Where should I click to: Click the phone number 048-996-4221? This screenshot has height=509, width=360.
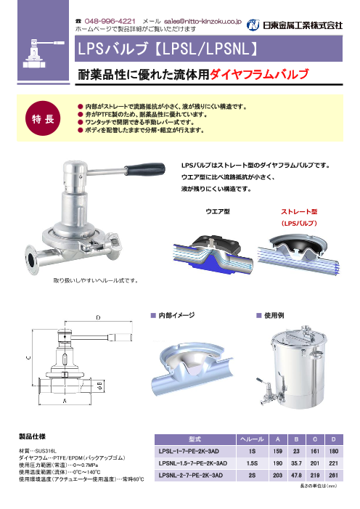pyautogui.click(x=110, y=22)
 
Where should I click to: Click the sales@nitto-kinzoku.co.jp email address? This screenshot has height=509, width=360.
pyautogui.click(x=203, y=22)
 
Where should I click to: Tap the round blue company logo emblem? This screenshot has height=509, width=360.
pyautogui.click(x=253, y=25)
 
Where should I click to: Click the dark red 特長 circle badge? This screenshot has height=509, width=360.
pyautogui.click(x=43, y=119)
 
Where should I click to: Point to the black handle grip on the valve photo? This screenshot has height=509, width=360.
pyautogui.click(x=145, y=168)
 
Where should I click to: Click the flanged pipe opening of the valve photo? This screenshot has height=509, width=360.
pyautogui.click(x=31, y=260)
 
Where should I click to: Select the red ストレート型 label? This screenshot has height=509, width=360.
pyautogui.click(x=298, y=211)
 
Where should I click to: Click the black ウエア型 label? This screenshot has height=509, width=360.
pyautogui.click(x=218, y=211)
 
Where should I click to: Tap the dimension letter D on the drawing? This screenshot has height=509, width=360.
pyautogui.click(x=99, y=317)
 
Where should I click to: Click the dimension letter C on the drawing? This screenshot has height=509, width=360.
pyautogui.click(x=28, y=358)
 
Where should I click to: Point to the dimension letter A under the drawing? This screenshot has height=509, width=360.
pyautogui.click(x=65, y=401)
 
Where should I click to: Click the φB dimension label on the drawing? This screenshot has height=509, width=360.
pyautogui.click(x=100, y=385)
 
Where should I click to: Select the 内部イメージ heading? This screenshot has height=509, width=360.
pyautogui.click(x=176, y=315)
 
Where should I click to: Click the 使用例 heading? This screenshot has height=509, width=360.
pyautogui.click(x=274, y=315)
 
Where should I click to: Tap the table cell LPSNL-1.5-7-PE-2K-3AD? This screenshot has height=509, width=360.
pyautogui.click(x=193, y=463)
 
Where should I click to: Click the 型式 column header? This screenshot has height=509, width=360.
pyautogui.click(x=195, y=439)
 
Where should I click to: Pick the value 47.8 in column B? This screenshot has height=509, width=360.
pyautogui.click(x=296, y=476)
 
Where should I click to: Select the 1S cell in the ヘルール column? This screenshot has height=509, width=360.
pyautogui.click(x=252, y=451)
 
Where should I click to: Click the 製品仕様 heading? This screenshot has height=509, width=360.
pyautogui.click(x=32, y=436)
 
